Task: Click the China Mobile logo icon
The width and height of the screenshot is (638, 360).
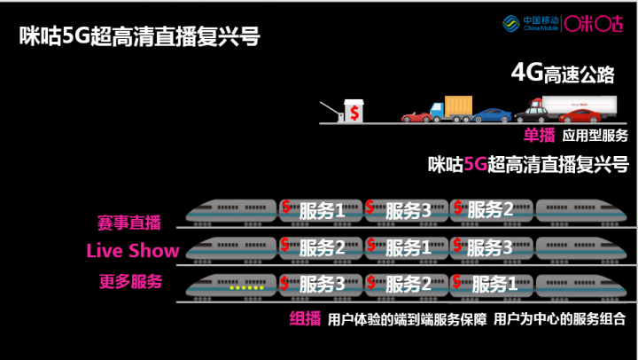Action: coord(510,24)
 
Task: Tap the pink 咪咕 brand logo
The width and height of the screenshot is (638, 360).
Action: coord(594,24)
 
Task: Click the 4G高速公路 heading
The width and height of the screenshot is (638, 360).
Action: coord(563,74)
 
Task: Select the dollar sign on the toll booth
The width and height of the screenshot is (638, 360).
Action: coord(354,113)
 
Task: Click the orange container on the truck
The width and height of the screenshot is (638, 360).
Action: coord(459,106)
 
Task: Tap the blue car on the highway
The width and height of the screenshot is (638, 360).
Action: coord(492,115)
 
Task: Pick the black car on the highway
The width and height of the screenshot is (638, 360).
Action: coord(531,115)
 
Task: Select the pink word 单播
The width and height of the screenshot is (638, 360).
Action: coord(539,135)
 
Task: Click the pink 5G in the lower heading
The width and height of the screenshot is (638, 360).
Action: coord(475,164)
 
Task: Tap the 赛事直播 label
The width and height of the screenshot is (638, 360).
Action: coord(129,223)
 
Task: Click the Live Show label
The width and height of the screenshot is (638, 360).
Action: coord(133,250)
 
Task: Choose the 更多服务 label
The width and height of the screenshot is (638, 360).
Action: coord(130,281)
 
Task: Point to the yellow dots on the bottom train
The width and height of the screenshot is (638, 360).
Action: coord(246,287)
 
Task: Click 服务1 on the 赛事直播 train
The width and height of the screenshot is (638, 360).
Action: coord(322,211)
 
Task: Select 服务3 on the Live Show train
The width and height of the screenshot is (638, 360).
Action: coord(489,247)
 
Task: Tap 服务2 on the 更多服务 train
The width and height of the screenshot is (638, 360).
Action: coord(408,284)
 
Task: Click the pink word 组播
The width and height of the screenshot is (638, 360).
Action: coord(305,318)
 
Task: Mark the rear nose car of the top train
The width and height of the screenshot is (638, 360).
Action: coord(581,211)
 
